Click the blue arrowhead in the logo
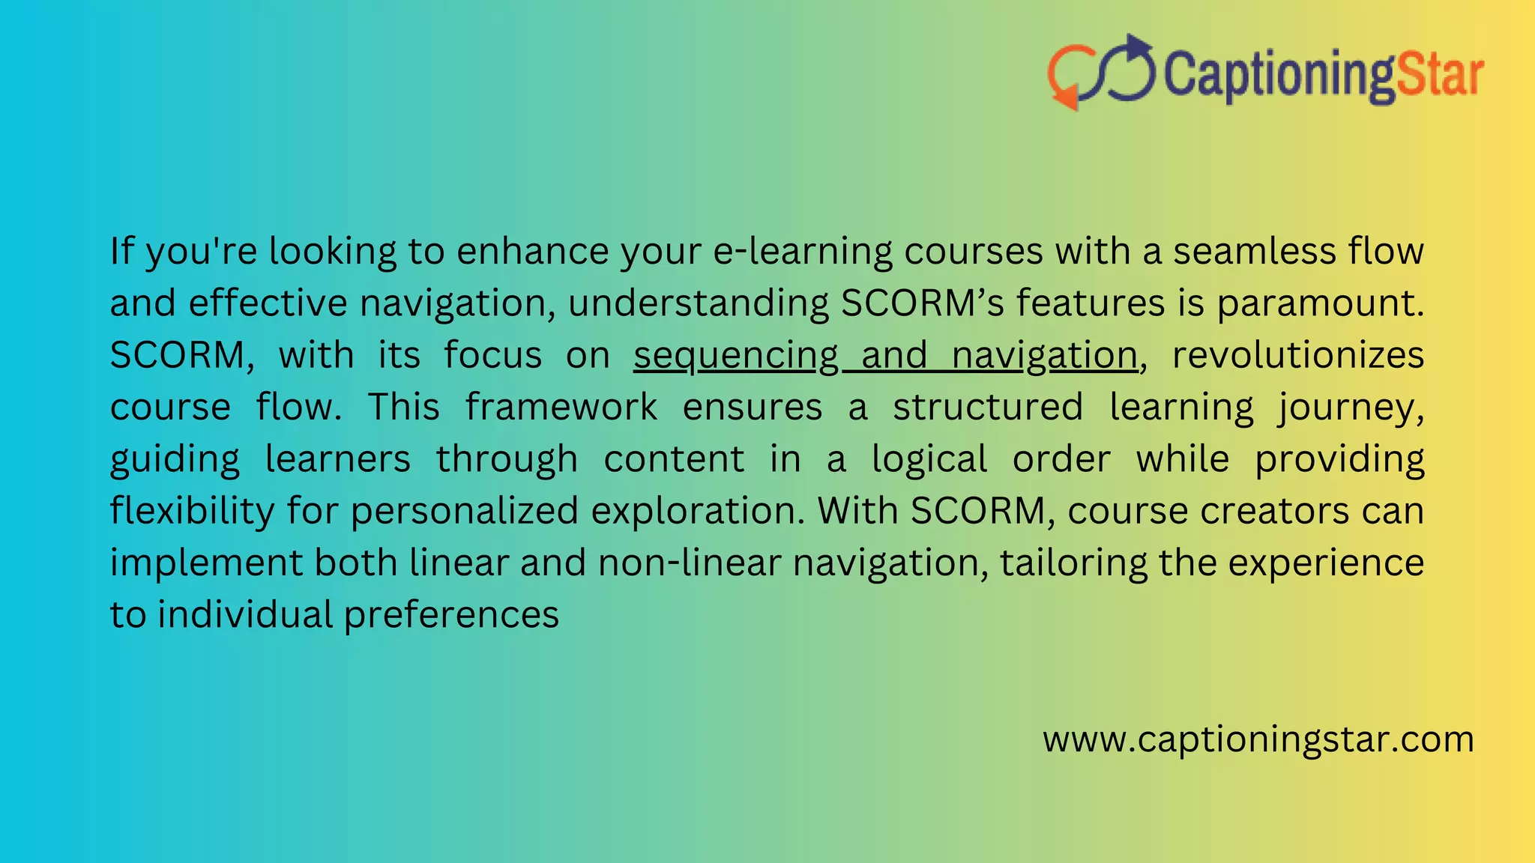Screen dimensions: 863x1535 (1137, 47)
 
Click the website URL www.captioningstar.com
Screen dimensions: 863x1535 (1258, 739)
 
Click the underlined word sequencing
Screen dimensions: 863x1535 (735, 355)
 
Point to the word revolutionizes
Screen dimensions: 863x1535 (1297, 355)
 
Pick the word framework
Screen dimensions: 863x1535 (561, 408)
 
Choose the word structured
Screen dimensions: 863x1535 (988, 408)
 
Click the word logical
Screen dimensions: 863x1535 (929, 459)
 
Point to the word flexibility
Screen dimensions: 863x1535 (193, 511)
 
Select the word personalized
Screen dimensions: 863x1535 (465, 511)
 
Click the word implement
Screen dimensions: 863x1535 (206, 563)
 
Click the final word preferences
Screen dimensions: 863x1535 (451, 615)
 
